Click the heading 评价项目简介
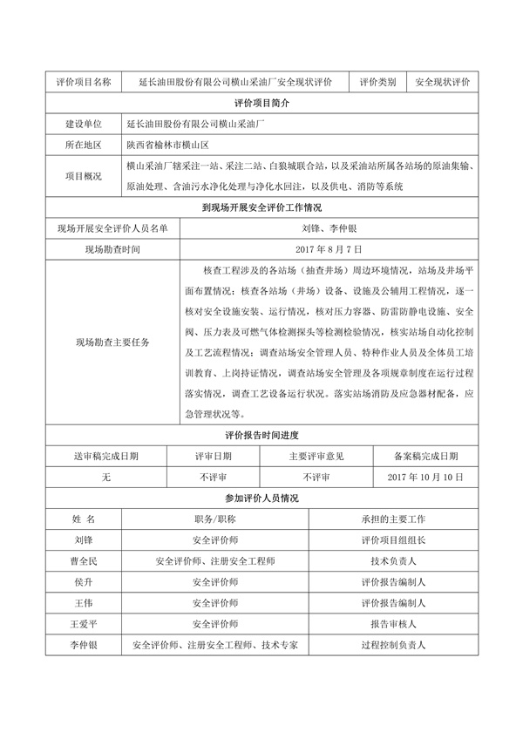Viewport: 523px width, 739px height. (261, 103)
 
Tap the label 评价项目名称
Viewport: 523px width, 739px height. (83, 82)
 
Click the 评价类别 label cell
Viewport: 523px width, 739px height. (377, 82)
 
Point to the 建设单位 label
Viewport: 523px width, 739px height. (83, 125)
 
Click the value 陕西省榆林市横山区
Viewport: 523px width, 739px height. (175, 145)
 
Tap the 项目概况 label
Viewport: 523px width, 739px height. (83, 175)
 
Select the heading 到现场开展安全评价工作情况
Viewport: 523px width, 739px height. (261, 207)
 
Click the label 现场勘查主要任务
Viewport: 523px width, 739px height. (113, 342)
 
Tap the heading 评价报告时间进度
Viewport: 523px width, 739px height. (261, 435)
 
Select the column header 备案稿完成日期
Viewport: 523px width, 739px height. (422, 455)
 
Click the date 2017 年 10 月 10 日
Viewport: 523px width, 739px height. (422, 477)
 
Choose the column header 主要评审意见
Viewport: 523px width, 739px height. (316, 455)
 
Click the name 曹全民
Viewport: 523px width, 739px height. (84, 560)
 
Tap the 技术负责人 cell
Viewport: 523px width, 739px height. (392, 560)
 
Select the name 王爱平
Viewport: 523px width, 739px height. (84, 624)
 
